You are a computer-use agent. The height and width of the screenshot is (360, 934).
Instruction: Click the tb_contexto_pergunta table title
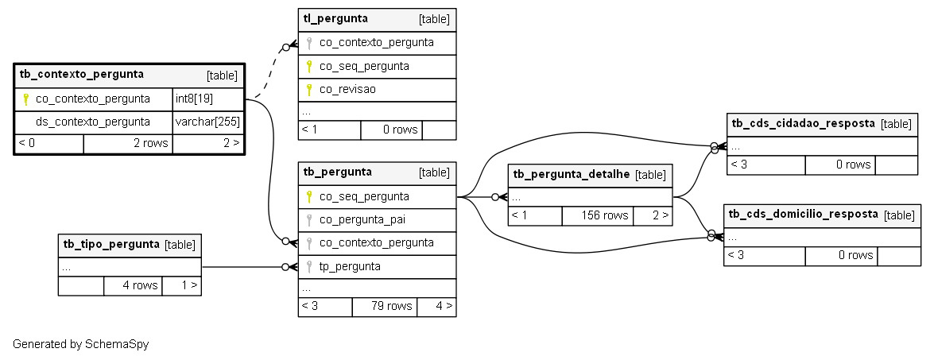tap(82, 75)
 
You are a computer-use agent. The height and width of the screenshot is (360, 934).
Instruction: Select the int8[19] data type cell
tap(208, 99)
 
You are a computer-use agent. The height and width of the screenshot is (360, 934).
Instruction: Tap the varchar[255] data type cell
tap(208, 122)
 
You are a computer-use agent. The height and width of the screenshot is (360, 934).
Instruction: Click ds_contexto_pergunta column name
tap(93, 122)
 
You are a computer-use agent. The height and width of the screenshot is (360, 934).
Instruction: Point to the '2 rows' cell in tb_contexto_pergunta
tap(128, 143)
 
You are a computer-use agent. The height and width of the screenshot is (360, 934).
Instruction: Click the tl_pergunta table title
tap(335, 18)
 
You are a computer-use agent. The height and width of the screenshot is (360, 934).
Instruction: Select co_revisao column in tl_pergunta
tap(347, 89)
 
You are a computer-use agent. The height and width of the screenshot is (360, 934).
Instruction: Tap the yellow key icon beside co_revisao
tap(309, 90)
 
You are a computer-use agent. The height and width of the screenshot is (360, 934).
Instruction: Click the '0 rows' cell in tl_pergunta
tap(391, 130)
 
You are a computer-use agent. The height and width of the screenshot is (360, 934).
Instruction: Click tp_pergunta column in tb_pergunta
tap(350, 266)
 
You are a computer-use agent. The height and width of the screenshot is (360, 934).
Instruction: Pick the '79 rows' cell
tap(385, 307)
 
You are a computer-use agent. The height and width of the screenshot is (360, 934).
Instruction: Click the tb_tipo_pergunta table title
tap(111, 245)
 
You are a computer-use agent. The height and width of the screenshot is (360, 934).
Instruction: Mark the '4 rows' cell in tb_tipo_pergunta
tap(133, 285)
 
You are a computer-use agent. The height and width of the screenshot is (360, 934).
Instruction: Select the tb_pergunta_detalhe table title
tap(572, 174)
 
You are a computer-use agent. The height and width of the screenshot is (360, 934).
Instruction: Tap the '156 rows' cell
tap(598, 215)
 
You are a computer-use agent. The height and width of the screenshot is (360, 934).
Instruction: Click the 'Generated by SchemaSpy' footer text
tap(81, 344)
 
